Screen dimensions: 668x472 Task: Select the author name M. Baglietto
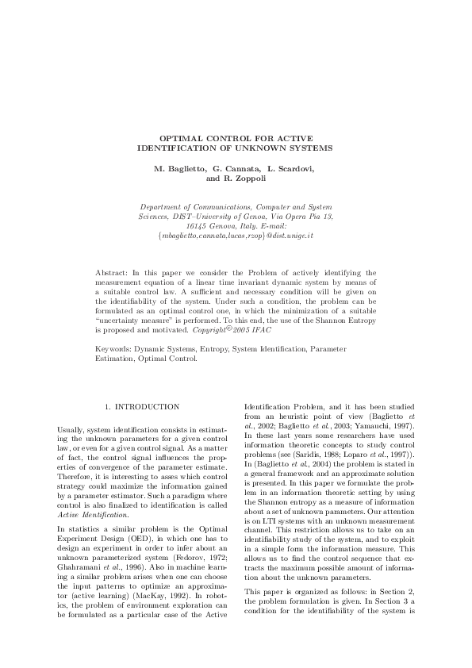click(179, 169)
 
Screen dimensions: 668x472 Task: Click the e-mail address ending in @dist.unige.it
click(236, 236)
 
